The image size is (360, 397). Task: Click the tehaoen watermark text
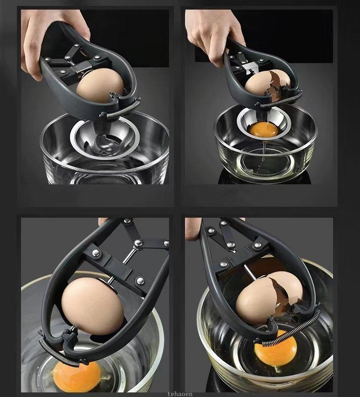180,393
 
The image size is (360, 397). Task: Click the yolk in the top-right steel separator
265,129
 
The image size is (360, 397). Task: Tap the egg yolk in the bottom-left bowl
77,376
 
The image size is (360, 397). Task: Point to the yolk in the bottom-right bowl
275,351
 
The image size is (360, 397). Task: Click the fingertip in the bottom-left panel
103,222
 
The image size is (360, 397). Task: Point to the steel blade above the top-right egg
250,69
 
